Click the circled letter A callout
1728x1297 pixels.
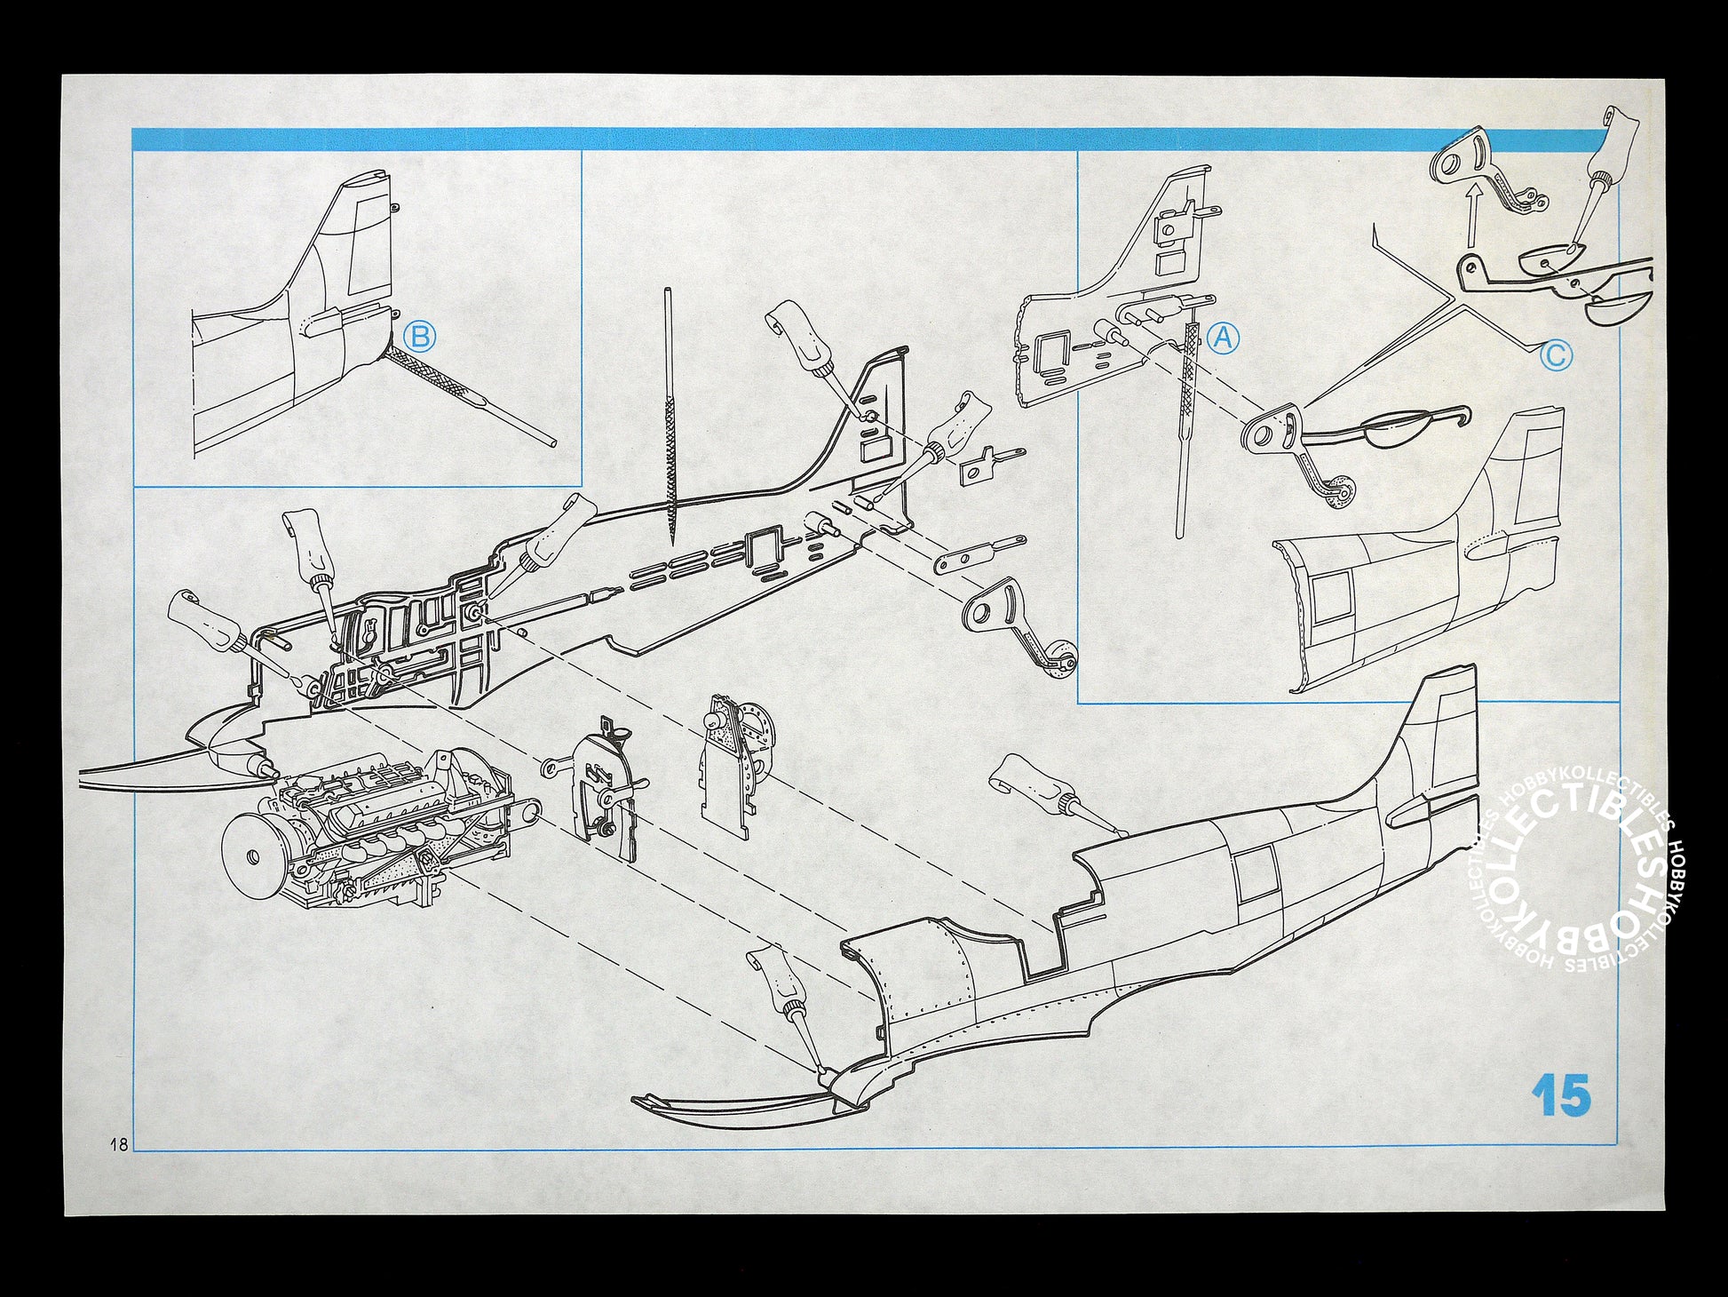(x=1223, y=338)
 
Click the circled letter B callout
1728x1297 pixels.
(x=419, y=337)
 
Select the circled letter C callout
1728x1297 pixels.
(x=1556, y=356)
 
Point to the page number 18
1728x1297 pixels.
(x=117, y=1143)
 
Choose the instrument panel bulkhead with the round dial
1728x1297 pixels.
(x=737, y=764)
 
